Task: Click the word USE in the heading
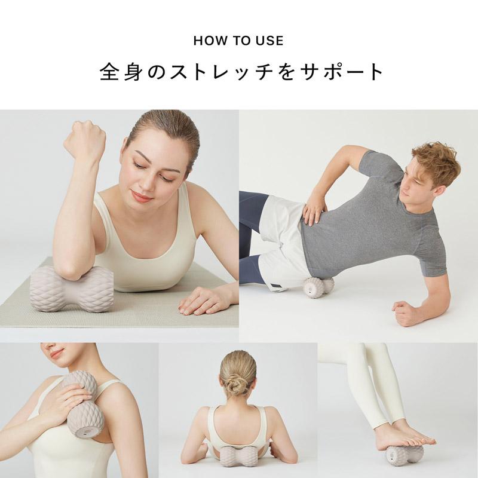click(x=271, y=41)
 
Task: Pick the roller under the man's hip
click(x=317, y=287)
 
